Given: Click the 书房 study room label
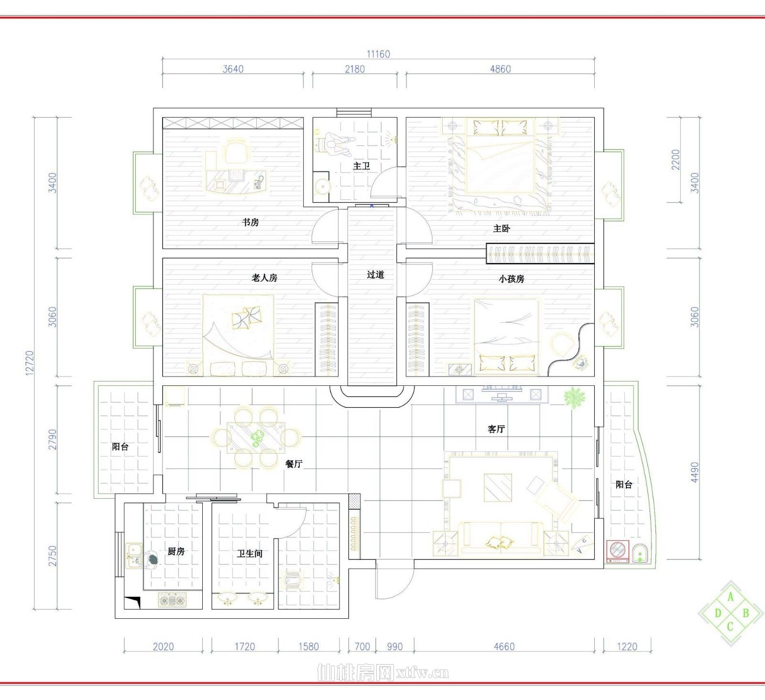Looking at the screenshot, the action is [x=251, y=222].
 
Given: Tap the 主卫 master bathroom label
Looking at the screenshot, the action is [x=361, y=166].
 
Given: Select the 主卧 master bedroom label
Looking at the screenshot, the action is [x=502, y=229].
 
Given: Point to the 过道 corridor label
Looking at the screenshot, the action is [x=375, y=275].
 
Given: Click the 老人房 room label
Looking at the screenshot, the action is [x=264, y=278].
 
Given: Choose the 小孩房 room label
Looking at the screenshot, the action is [x=512, y=279].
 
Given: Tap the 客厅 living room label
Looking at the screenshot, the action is [x=496, y=429].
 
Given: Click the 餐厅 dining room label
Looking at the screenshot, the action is [x=294, y=464].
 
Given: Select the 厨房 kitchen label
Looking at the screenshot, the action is [x=176, y=552].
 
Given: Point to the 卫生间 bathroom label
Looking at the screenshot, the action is [x=250, y=554].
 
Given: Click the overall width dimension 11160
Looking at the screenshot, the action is [x=379, y=55].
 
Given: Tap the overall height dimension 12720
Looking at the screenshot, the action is [x=30, y=363].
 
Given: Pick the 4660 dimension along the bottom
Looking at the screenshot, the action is [x=504, y=647].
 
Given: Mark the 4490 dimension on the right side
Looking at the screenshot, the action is [x=695, y=472].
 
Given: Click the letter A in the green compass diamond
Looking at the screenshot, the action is [x=730, y=597].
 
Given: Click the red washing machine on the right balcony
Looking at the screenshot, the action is [x=617, y=551].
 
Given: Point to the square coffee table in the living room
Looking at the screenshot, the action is [x=498, y=488].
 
